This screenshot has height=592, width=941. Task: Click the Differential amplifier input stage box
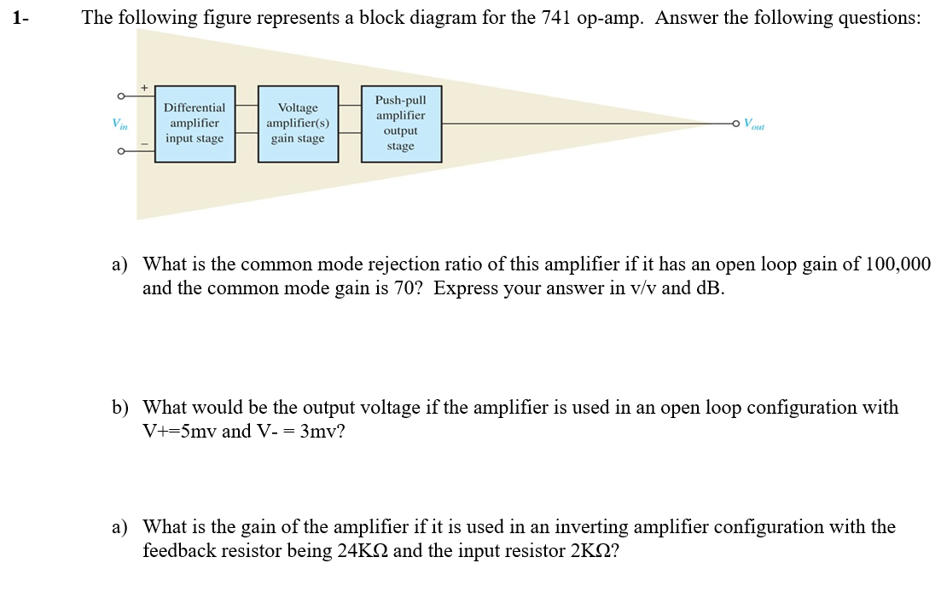[x=195, y=124]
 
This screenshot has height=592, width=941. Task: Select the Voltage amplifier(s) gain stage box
[x=298, y=124]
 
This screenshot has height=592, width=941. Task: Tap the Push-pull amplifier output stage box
[x=400, y=124]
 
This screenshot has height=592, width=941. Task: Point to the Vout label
[x=753, y=124]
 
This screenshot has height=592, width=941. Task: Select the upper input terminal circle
[x=122, y=96]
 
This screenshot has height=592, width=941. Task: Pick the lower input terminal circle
[x=122, y=152]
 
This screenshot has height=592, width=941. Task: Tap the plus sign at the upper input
[x=144, y=87]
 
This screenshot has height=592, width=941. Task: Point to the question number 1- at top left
[x=20, y=19]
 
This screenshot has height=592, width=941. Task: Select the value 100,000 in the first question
[x=897, y=264]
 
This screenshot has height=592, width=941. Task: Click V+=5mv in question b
[x=180, y=432]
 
